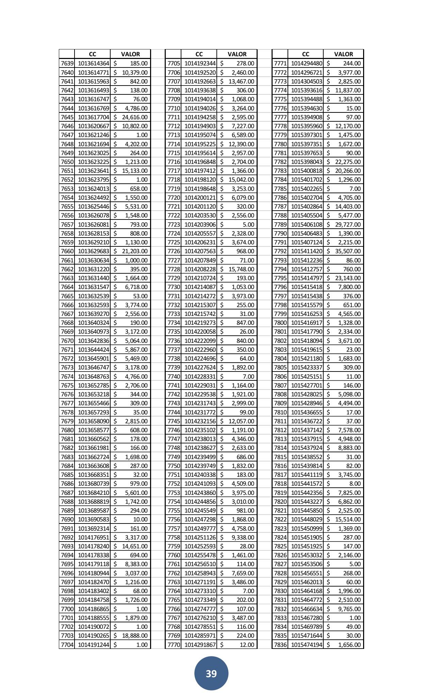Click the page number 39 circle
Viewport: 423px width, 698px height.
211,673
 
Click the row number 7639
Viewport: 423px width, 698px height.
67,63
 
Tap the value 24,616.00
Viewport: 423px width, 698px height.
135,117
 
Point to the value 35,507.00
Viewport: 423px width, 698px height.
348,251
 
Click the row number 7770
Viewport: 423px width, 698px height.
174,644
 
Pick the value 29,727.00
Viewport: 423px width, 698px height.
348,225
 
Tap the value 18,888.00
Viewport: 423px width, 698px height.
135,636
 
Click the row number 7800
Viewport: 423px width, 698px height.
280,323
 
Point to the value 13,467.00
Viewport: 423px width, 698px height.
241,81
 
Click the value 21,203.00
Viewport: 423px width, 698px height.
135,251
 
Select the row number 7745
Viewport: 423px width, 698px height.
174,421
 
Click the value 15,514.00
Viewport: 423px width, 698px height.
348,519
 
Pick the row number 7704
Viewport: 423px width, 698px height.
67,644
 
